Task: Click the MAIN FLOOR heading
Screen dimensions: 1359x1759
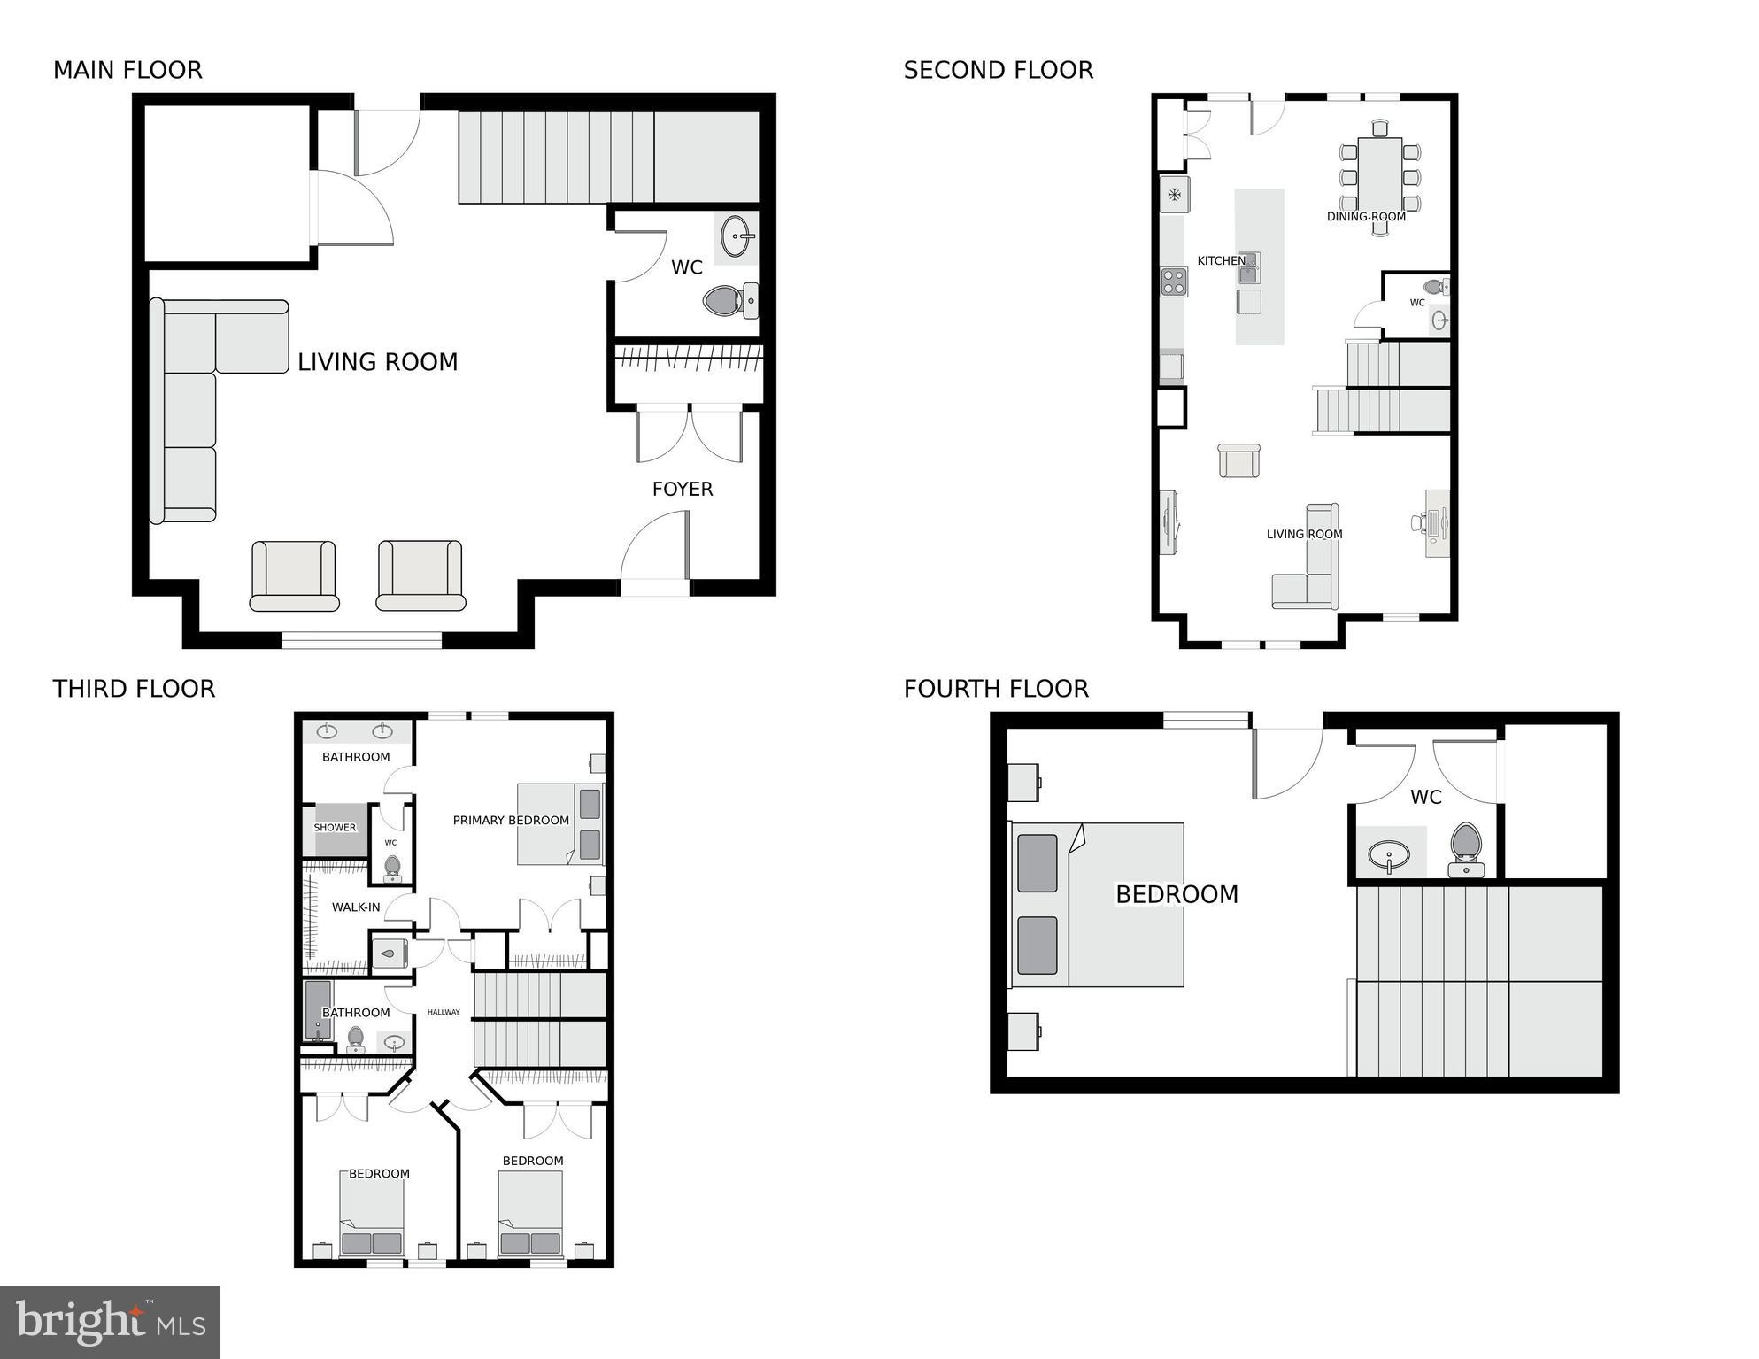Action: (x=127, y=70)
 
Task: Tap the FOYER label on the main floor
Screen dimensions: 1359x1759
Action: (x=682, y=489)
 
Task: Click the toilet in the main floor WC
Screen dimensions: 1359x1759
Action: (x=727, y=301)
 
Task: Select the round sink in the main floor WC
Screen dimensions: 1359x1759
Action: (x=737, y=236)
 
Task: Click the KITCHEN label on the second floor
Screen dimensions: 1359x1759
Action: (x=1221, y=260)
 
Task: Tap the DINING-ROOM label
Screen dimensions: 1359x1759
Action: (x=1365, y=216)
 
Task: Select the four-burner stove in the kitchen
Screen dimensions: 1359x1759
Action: (x=1174, y=282)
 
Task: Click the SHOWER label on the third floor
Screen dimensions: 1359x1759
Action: (x=335, y=828)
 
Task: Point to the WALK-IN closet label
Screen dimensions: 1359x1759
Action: (x=356, y=907)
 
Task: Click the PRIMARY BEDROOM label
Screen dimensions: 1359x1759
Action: (x=511, y=821)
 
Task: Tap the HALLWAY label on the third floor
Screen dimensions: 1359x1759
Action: (x=444, y=1012)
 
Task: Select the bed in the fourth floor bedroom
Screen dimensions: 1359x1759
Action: (x=1098, y=904)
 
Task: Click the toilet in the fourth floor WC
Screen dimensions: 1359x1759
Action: (x=1466, y=846)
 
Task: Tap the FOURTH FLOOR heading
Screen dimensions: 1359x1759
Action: (x=996, y=688)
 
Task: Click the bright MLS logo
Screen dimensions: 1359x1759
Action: (x=110, y=1322)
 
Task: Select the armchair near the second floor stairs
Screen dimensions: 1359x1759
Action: (x=1238, y=460)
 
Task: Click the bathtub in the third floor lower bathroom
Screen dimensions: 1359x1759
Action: (x=317, y=1009)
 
